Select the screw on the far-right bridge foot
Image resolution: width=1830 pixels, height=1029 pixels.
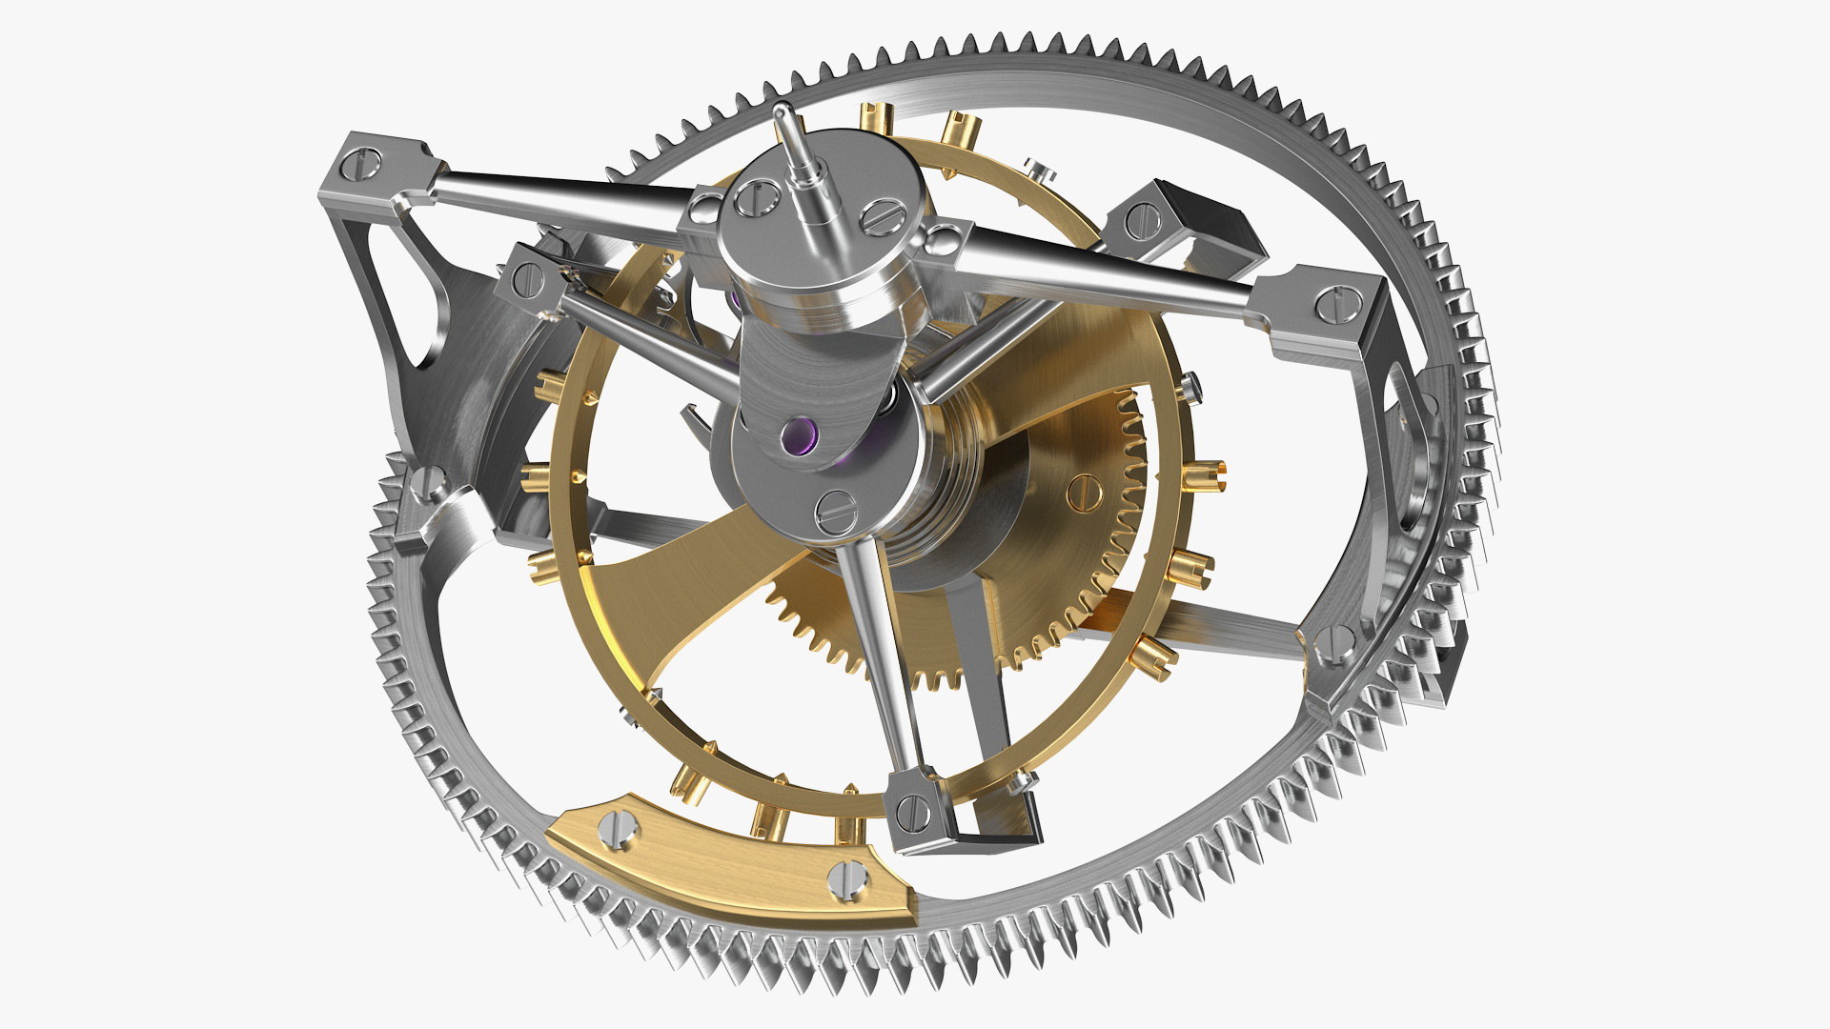(x=1334, y=304)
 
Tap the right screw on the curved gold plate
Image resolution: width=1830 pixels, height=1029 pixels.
(x=847, y=878)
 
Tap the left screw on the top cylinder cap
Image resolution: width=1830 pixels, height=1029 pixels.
(x=756, y=197)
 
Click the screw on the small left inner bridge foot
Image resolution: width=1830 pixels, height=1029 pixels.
(x=527, y=277)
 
